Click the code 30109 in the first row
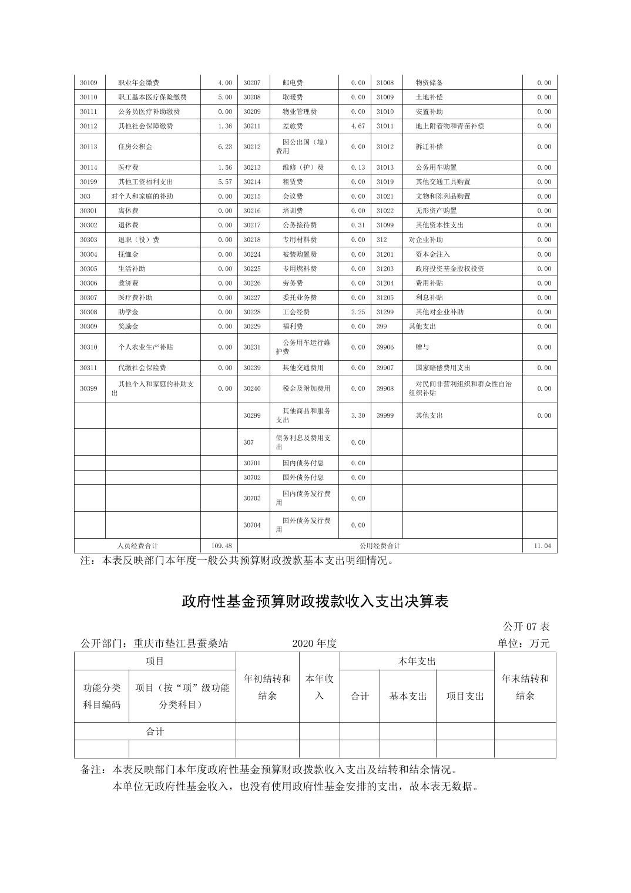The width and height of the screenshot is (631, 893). pyautogui.click(x=89, y=83)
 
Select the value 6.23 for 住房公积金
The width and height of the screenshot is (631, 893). pyautogui.click(x=224, y=147)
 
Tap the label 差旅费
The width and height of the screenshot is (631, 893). pyautogui.click(x=293, y=126)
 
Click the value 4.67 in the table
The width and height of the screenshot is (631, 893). pyautogui.click(x=358, y=126)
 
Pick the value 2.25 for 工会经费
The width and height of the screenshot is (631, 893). pyautogui.click(x=358, y=312)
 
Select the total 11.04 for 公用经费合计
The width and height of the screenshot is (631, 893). pyautogui.click(x=542, y=546)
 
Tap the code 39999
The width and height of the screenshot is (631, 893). pyautogui.click(x=385, y=415)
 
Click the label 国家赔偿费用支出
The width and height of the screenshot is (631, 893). pyautogui.click(x=443, y=368)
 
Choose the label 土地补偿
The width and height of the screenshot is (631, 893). pyautogui.click(x=429, y=97)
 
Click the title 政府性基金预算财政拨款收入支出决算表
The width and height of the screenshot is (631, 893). pyautogui.click(x=315, y=602)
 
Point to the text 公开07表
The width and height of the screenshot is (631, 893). pyautogui.click(x=526, y=626)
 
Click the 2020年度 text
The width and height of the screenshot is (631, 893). pyautogui.click(x=314, y=643)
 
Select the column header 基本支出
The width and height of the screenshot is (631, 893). pyautogui.click(x=408, y=696)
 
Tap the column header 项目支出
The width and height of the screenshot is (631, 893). pyautogui.click(x=465, y=696)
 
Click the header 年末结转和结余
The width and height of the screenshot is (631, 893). pyautogui.click(x=525, y=687)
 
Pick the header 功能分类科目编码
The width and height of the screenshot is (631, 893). pyautogui.click(x=102, y=696)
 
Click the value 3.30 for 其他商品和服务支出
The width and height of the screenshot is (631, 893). pyautogui.click(x=358, y=415)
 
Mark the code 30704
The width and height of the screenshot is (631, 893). pyautogui.click(x=252, y=525)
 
